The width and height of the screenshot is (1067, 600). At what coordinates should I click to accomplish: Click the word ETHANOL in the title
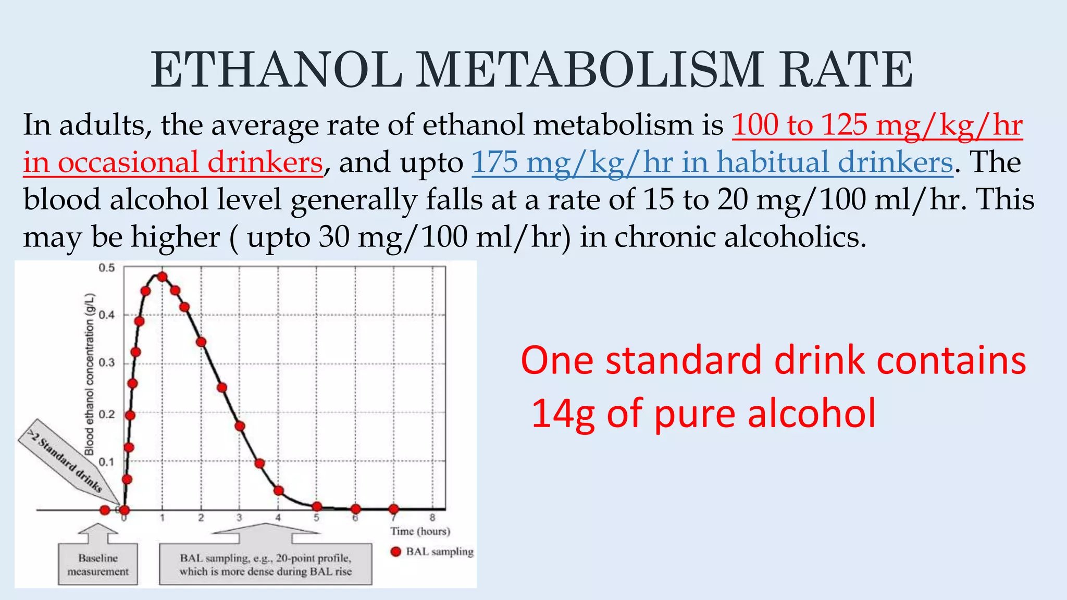click(x=276, y=70)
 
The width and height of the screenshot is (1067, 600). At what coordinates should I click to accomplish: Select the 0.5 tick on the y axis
click(x=106, y=268)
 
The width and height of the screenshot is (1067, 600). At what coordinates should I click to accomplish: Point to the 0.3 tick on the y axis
click(x=106, y=363)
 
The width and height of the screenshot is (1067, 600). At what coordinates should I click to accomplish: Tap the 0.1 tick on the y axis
click(x=106, y=462)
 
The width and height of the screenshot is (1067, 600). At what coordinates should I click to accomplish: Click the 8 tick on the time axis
click(x=432, y=518)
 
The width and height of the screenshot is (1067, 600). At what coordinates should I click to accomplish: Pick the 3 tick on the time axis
click(x=239, y=518)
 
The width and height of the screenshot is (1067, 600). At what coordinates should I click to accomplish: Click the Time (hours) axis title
click(x=420, y=531)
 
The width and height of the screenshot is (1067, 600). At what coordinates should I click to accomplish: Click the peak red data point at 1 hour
click(x=162, y=277)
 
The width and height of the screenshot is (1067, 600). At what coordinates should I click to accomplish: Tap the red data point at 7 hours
click(x=393, y=509)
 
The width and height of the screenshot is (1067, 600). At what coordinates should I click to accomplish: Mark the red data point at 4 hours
click(x=279, y=491)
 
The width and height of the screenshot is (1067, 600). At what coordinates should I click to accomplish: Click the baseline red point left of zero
click(x=105, y=510)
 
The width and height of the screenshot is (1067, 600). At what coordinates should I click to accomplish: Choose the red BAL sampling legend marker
click(x=396, y=552)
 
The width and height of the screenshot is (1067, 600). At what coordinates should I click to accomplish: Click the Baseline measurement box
click(x=98, y=565)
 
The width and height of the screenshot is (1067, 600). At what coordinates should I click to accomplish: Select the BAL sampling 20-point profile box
click(x=266, y=565)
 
